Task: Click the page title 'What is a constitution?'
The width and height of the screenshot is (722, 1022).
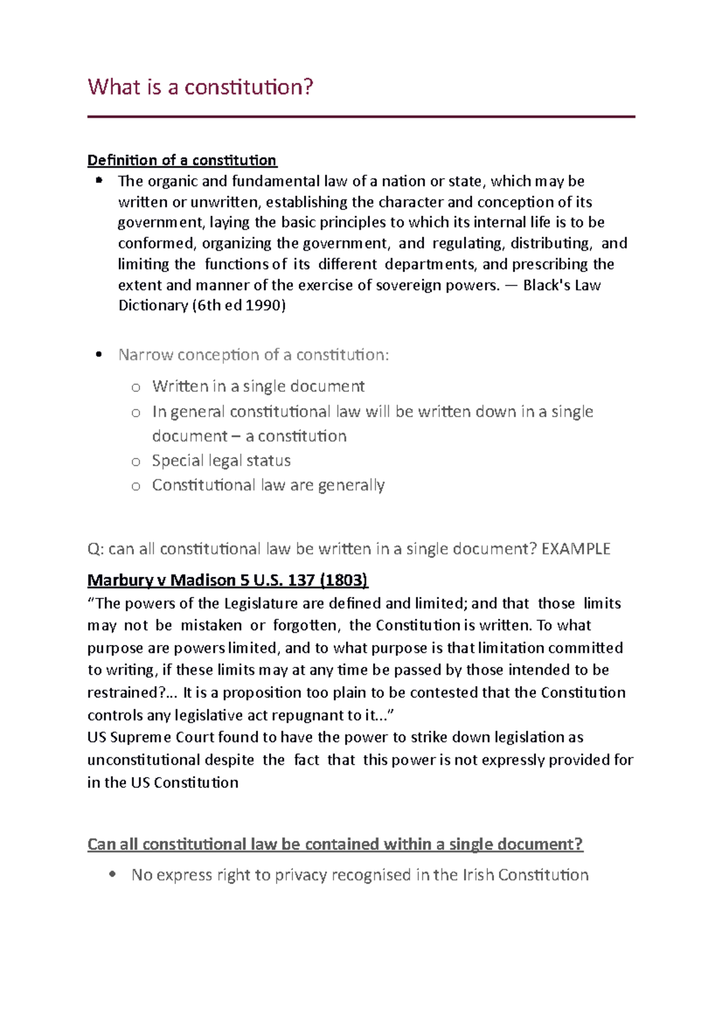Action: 200,87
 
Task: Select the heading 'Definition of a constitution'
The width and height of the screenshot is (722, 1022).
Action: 182,160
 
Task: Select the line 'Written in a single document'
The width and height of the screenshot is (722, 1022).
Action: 258,386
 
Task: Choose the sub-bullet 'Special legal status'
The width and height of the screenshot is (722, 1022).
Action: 221,460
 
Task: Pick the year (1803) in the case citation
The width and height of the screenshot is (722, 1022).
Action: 344,580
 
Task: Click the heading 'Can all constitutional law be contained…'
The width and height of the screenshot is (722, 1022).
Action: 335,844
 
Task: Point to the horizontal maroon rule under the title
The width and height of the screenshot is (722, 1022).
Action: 361,117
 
